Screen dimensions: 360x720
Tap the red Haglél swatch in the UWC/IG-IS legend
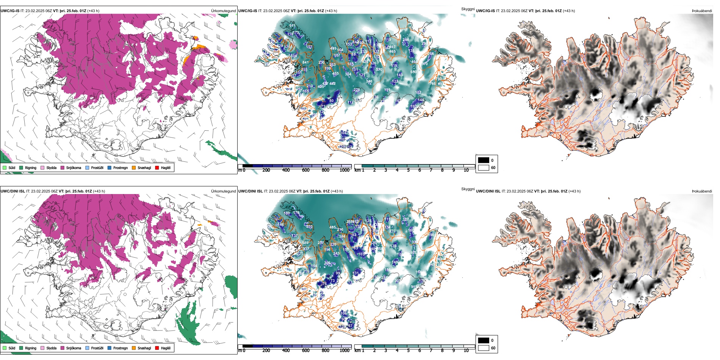pos(157,167)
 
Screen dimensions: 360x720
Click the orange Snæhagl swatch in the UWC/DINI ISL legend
pos(134,348)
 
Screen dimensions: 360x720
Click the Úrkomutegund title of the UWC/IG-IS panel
pos(223,11)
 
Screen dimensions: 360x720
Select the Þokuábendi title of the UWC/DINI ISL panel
pos(702,191)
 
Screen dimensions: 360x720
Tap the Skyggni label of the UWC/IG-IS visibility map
pos(468,9)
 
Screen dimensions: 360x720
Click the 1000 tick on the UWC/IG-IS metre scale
pos(344,170)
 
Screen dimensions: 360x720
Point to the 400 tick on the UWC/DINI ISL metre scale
pos(286,351)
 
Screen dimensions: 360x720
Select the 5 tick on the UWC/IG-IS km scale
pos(408,170)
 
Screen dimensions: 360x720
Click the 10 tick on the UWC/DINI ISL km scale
pos(466,351)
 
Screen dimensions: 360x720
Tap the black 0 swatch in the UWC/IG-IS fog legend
pos(484,160)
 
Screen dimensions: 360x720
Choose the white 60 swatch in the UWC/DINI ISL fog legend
pos(484,348)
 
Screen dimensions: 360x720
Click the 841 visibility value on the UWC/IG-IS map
pos(305,63)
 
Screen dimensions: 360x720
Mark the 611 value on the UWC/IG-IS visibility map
pos(292,26)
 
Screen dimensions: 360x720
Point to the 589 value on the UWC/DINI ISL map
pos(305,243)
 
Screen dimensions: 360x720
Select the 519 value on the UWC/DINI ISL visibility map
pos(414,287)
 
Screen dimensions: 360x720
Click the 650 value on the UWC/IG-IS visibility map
pos(413,72)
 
